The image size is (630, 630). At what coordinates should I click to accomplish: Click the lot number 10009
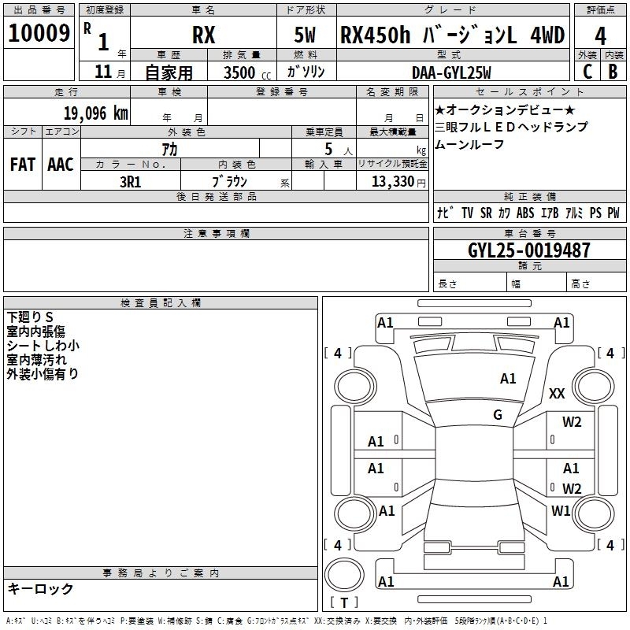click(x=39, y=33)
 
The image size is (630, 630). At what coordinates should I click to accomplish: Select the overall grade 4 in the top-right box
click(x=600, y=36)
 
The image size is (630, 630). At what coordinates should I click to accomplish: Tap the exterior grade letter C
click(x=587, y=72)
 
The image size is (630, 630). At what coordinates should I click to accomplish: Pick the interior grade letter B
click(x=613, y=72)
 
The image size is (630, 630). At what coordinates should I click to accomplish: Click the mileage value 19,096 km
click(x=96, y=113)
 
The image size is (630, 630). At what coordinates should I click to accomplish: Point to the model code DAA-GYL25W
click(x=451, y=72)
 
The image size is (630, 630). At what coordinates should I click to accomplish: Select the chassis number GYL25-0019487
click(x=529, y=250)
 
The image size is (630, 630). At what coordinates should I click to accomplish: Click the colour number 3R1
click(x=131, y=182)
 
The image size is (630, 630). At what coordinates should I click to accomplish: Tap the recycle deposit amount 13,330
click(x=393, y=181)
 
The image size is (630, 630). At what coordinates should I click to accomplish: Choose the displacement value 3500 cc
click(x=247, y=72)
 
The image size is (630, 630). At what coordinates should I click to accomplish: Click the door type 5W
click(x=305, y=35)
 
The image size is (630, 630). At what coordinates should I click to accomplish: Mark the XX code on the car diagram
click(x=557, y=393)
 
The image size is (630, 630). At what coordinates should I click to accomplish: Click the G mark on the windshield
click(x=498, y=415)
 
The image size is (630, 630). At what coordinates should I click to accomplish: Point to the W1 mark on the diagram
click(x=561, y=510)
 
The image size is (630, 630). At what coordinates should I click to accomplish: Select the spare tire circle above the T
click(x=344, y=575)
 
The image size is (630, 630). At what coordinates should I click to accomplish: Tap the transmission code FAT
click(x=23, y=165)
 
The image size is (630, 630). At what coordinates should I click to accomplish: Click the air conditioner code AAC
click(x=61, y=165)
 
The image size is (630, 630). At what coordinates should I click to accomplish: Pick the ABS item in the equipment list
click(x=525, y=213)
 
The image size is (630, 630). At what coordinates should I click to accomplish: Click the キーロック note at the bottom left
click(x=40, y=588)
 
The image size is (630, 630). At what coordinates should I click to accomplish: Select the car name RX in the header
click(x=204, y=35)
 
